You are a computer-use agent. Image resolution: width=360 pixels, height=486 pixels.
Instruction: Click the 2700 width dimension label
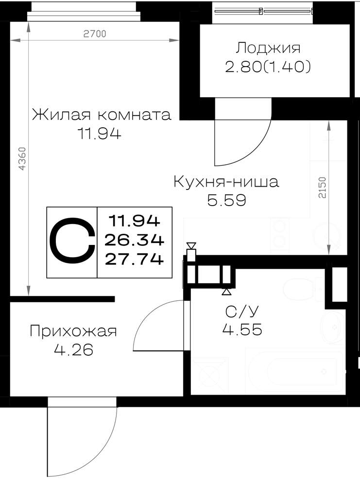coord(95,34)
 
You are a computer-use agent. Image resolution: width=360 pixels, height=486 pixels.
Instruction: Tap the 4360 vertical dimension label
coord(23,159)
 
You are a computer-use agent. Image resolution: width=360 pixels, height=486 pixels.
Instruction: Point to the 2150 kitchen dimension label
coord(323,187)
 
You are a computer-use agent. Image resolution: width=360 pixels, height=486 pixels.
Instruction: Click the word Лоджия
coord(268,48)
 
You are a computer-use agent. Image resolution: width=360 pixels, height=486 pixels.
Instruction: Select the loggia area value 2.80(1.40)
coord(268,67)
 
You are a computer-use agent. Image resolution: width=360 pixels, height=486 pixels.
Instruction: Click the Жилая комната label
coord(102,115)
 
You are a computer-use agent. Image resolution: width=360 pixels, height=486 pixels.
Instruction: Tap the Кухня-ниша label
coord(226,182)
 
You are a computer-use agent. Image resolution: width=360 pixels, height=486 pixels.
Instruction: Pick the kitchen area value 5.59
coord(226,200)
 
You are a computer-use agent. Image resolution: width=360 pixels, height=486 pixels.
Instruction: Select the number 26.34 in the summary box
coord(134,240)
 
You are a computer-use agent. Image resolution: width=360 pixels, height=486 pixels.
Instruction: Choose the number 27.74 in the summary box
coord(134,259)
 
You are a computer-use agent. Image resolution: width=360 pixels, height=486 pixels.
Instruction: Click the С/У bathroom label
coord(241,312)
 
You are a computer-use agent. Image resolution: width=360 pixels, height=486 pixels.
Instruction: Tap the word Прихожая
coord(73,331)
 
